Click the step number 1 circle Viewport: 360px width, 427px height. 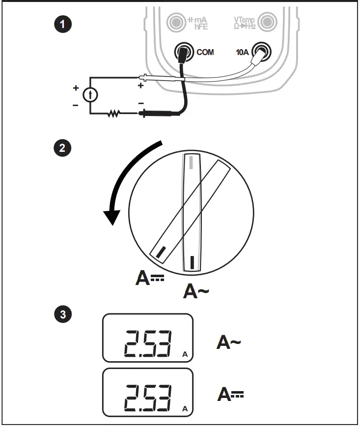[x=62, y=24]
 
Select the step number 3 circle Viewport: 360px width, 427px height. [x=62, y=314]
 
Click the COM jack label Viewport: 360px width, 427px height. [x=205, y=52]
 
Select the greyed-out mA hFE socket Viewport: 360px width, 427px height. [x=175, y=22]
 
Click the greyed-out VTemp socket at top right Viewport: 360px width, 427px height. [x=267, y=22]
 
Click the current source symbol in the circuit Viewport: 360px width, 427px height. [x=90, y=95]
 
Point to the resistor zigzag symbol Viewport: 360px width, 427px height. [x=114, y=114]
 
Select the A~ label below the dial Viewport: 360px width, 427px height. [x=196, y=291]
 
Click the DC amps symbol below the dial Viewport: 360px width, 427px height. [x=150, y=279]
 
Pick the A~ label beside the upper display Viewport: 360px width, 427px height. [x=229, y=342]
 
